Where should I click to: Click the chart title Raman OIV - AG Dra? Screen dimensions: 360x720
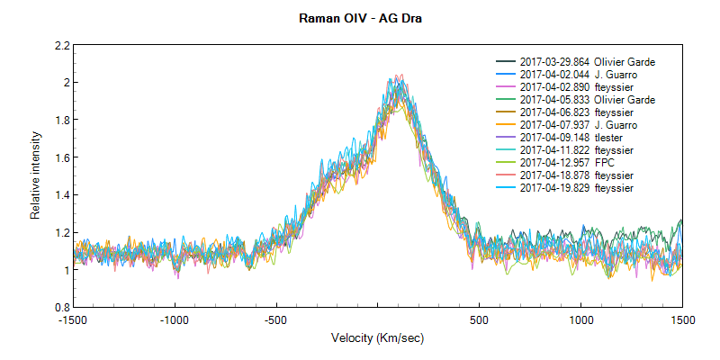pos(359,17)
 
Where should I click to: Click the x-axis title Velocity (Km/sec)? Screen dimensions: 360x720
pos(377,338)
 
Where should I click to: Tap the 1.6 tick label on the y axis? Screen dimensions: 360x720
pos(61,157)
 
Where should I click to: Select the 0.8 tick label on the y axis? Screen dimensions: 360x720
pos(61,307)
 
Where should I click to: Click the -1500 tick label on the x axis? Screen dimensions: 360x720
pos(73,319)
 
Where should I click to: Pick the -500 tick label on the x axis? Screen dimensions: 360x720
pos(275,319)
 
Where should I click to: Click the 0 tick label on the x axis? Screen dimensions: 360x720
pos(378,319)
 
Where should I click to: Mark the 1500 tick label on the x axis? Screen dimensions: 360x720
pos(682,319)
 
